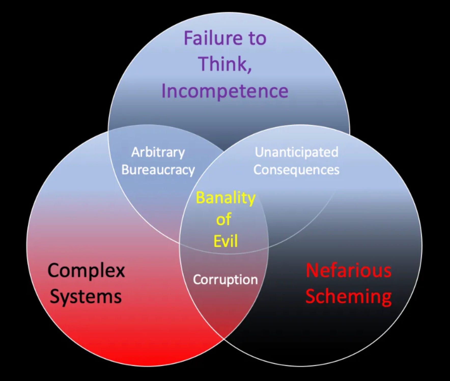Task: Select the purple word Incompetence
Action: [x=225, y=91]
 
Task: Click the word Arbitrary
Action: [x=158, y=152]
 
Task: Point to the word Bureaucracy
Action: [x=158, y=170]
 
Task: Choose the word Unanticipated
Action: [x=297, y=152]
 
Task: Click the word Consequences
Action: [x=296, y=170]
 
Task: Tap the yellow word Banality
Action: [x=226, y=198]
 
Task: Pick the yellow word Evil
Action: [x=226, y=241]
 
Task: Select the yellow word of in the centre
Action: [x=224, y=219]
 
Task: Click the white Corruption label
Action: [x=225, y=280]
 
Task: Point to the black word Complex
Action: [x=86, y=271]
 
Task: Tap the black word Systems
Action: [x=86, y=297]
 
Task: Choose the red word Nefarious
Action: [x=348, y=270]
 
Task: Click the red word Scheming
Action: [x=348, y=297]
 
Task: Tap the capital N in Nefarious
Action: [x=312, y=270]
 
